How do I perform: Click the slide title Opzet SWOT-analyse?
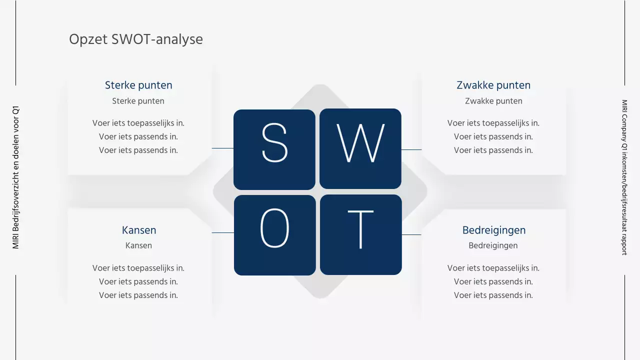[x=136, y=39]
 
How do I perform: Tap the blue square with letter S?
[x=274, y=149]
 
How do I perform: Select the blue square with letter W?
[x=360, y=148]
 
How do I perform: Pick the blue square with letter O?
[x=275, y=235]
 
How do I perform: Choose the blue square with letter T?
[x=361, y=235]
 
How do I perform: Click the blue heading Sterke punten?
[x=138, y=85]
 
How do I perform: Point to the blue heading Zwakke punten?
[x=493, y=85]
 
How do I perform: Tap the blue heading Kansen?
[x=139, y=230]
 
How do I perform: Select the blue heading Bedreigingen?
[x=494, y=230]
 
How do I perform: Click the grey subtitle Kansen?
[x=138, y=245]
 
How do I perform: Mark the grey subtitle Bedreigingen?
[x=493, y=245]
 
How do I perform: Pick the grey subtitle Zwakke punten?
[x=493, y=101]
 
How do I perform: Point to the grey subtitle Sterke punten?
[x=138, y=101]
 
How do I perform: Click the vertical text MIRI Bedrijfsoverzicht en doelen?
[x=16, y=177]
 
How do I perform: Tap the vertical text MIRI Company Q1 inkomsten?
[x=624, y=177]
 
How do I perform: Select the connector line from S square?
[x=222, y=148]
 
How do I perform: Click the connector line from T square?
[x=411, y=234]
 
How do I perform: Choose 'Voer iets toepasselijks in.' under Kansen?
[x=138, y=268]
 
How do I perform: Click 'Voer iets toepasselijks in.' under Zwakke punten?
[x=493, y=123]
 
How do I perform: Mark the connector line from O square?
[x=222, y=232]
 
